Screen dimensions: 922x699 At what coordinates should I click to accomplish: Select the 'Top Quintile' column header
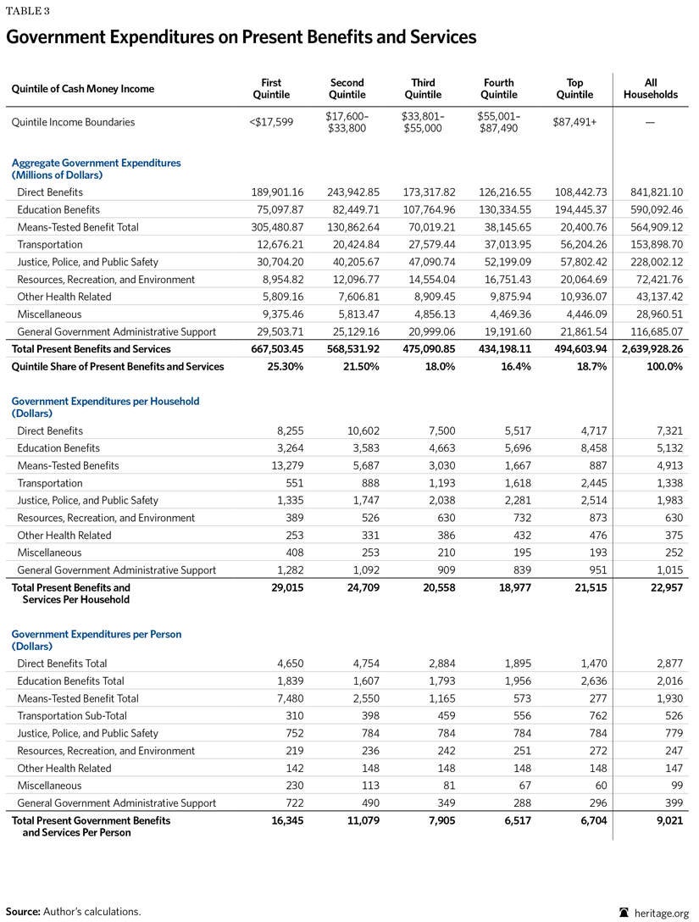click(x=574, y=89)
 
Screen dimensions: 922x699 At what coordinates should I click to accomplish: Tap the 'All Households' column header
click(x=651, y=89)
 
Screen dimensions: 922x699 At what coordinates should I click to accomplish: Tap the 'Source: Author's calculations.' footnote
click(x=74, y=911)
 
